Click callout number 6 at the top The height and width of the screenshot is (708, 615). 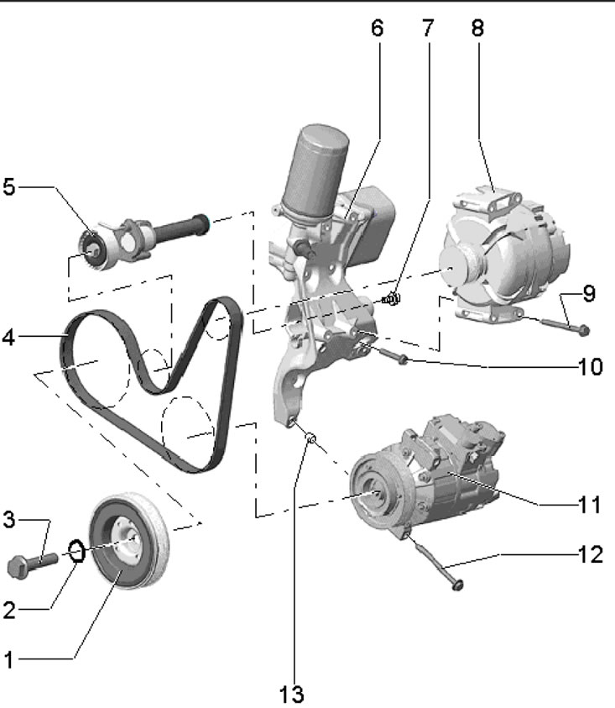point(378,28)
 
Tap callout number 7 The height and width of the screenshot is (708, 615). point(428,28)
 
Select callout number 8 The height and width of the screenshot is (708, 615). point(477,28)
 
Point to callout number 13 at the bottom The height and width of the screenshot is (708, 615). point(291,695)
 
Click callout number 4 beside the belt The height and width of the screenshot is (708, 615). point(9,338)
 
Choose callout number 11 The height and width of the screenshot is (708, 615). point(590,505)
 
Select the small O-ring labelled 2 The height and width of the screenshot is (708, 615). point(76,551)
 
